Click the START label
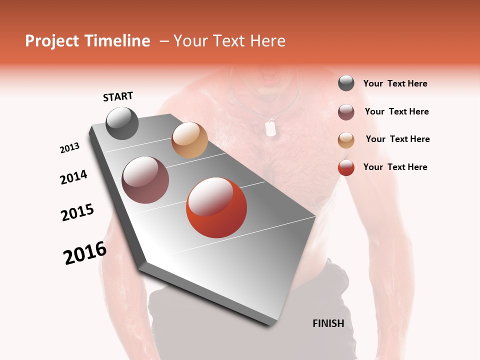118,96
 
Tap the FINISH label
328,323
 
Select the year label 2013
69,148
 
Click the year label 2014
73,177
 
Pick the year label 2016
85,253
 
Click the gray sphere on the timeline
122,123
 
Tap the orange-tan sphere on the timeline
189,140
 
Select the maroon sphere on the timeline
145,180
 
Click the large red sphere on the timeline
216,207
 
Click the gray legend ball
346,83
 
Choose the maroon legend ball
346,111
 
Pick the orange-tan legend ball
346,139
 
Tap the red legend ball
346,167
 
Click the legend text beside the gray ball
395,83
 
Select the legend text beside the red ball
395,167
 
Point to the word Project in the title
52,41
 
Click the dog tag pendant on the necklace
270,128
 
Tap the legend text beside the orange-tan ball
397,139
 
